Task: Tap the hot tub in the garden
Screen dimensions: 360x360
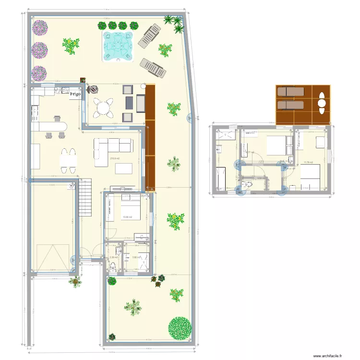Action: (x=118, y=45)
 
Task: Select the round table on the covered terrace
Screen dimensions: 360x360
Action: (x=103, y=108)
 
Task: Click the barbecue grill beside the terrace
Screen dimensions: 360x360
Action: (x=91, y=89)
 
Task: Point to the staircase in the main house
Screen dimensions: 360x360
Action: (x=85, y=197)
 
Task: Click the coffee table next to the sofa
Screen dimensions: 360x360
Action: (x=124, y=168)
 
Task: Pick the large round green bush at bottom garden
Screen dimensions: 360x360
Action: (x=180, y=328)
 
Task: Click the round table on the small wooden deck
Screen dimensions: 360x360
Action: (x=322, y=103)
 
